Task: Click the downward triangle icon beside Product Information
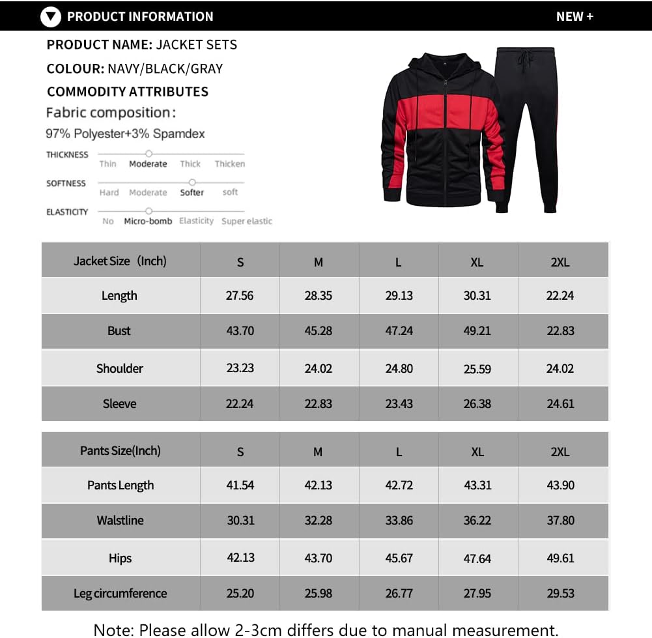50,17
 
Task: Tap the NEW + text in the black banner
574,17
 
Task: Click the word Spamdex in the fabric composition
178,134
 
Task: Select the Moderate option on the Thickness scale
148,164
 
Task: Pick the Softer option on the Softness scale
191,192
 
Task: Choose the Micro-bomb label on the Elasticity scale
148,221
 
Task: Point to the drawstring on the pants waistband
523,63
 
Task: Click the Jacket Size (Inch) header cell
120,261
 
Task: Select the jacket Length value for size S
240,295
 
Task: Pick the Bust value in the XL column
477,330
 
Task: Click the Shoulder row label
120,368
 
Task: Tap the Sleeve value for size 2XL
560,403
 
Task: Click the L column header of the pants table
399,452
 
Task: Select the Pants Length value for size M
318,485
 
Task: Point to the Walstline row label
120,520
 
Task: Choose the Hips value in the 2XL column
560,558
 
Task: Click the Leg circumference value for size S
240,593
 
